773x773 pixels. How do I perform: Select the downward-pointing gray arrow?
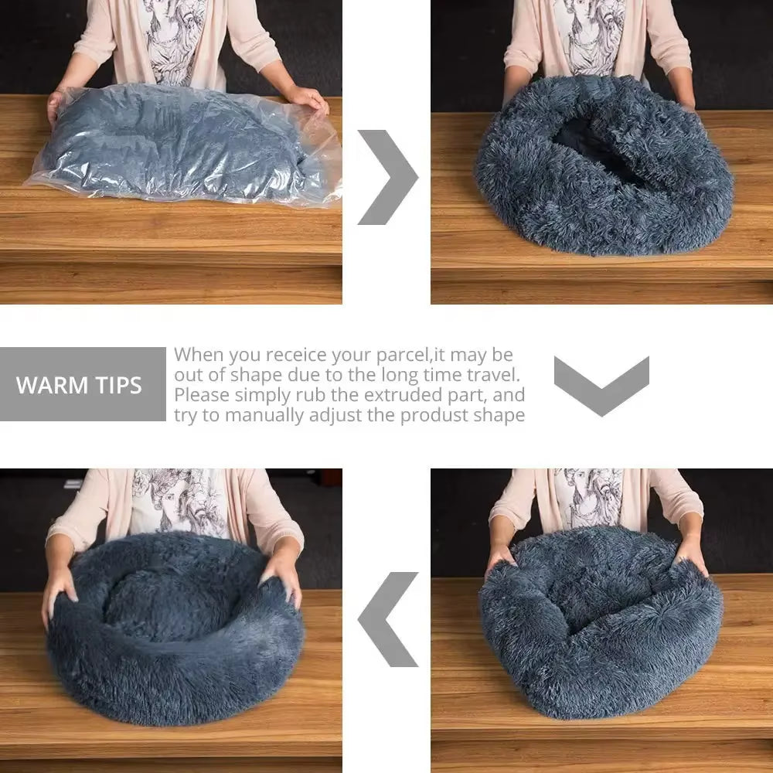coord(601,385)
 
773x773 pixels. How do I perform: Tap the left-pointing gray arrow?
coord(388,618)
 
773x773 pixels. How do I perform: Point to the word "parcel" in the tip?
coord(397,356)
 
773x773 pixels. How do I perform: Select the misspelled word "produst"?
coord(441,415)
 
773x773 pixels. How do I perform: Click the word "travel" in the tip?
coord(492,375)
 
